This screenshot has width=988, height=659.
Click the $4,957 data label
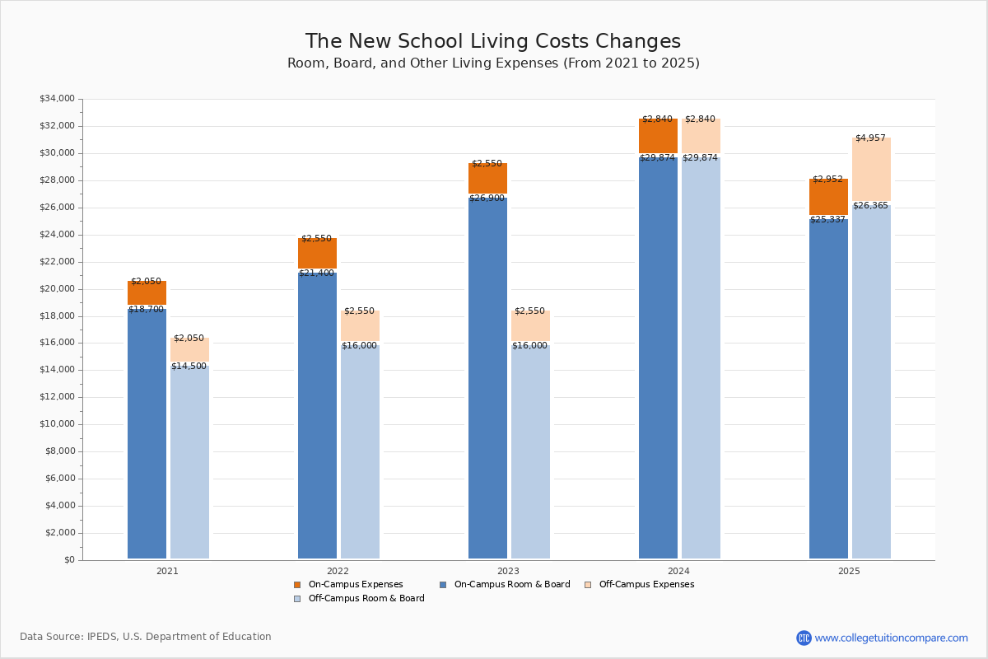[x=871, y=138]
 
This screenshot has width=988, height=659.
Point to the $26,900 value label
[x=487, y=199]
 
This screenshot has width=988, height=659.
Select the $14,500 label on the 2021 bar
[x=189, y=367]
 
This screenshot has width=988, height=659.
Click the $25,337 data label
[x=827, y=220]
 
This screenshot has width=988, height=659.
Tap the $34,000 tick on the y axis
[x=57, y=99]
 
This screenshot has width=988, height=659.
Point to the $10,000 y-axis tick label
[x=57, y=424]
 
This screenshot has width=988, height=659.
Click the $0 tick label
[x=68, y=560]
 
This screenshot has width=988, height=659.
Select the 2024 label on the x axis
[x=678, y=571]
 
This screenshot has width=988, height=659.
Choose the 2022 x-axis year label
[x=338, y=571]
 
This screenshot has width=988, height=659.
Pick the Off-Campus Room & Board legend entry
[x=366, y=599]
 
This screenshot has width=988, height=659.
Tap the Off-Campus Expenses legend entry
[x=646, y=585]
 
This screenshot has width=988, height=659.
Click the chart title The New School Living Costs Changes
[x=493, y=41]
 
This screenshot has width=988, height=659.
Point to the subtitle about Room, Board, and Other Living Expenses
[x=493, y=63]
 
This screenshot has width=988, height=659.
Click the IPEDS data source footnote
[x=146, y=637]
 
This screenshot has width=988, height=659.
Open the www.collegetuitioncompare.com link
[x=891, y=638]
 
